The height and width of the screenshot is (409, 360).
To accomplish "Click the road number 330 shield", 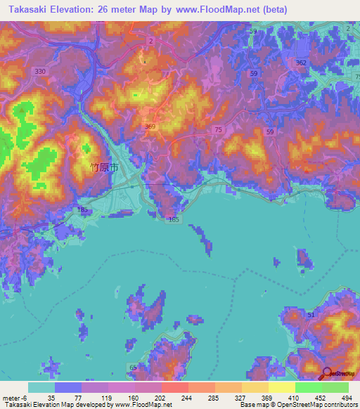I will point(40,72).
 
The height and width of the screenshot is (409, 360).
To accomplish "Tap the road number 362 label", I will point(301,63).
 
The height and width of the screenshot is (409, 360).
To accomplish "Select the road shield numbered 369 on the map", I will point(149,126).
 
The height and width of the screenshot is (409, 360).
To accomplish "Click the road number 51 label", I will point(310,316).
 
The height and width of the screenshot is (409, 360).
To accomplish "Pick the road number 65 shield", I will point(133,368).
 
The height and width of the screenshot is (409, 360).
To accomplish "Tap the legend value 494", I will point(347,397).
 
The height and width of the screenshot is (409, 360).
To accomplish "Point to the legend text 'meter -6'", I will point(13,397).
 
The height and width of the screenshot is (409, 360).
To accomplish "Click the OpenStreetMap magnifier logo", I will point(328,373).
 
